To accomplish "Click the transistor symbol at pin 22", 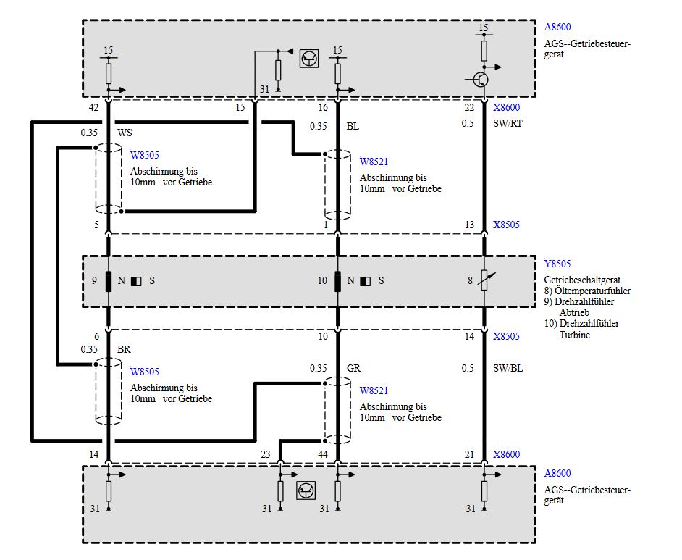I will (x=481, y=78).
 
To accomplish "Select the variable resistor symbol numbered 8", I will (x=484, y=280).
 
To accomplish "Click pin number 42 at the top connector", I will (x=93, y=108).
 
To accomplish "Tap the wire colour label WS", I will (x=125, y=133).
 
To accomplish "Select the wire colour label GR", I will (x=353, y=368).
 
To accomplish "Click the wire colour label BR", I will (x=124, y=348).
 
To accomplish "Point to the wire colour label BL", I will (x=353, y=126).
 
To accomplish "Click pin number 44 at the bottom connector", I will (x=323, y=454).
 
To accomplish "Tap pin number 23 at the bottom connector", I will (x=265, y=454).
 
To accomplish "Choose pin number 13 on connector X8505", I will (x=470, y=225).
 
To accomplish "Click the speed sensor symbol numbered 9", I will (x=109, y=280).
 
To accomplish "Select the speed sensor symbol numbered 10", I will (x=338, y=280).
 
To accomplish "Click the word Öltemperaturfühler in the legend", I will (x=592, y=291).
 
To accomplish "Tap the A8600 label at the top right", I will (x=557, y=28).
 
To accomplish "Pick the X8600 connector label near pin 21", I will (x=506, y=454).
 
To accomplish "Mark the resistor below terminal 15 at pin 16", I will (x=338, y=73).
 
